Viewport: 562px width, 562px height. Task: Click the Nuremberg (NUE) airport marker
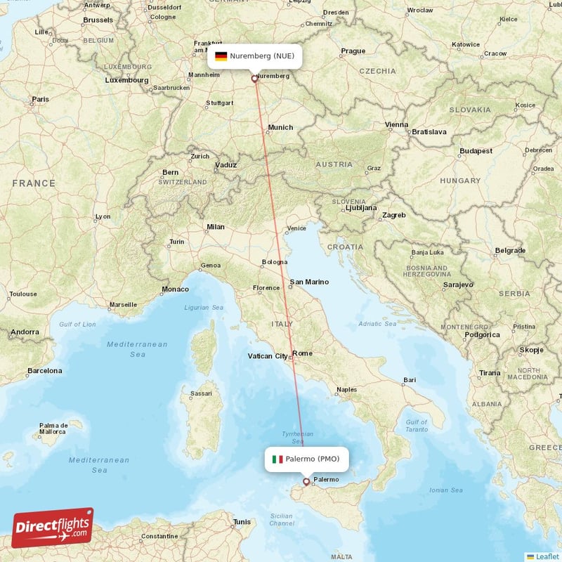click(x=255, y=79)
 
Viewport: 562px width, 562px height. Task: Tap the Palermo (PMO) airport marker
click(x=306, y=482)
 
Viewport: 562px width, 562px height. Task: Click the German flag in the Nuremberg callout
click(x=221, y=55)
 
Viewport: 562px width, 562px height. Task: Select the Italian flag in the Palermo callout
click(x=277, y=459)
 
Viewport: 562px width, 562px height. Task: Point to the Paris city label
click(x=40, y=100)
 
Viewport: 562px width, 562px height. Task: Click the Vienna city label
click(x=396, y=125)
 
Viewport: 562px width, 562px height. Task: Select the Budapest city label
click(x=476, y=151)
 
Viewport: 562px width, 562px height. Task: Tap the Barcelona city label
click(x=44, y=370)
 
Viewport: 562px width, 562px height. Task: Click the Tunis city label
click(x=242, y=522)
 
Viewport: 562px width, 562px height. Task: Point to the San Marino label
click(x=309, y=282)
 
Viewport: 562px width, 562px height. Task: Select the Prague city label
click(x=353, y=51)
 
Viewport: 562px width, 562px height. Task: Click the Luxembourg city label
click(x=126, y=80)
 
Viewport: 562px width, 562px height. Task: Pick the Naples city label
click(x=346, y=388)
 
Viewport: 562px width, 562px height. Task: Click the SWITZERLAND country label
click(x=183, y=182)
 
